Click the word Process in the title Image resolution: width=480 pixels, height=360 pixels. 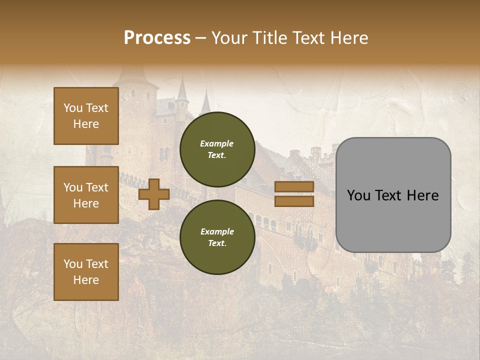(157, 38)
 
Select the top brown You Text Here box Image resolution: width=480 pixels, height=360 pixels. (86, 116)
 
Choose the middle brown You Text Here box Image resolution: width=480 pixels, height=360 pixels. (86, 195)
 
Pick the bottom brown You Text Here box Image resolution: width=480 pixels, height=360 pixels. (86, 272)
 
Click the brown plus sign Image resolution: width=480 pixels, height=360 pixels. (154, 194)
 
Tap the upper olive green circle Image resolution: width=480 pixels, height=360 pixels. (217, 149)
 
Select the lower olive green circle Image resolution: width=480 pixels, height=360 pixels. (217, 237)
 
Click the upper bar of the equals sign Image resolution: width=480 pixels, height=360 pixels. (294, 187)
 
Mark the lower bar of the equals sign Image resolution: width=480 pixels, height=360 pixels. (294, 201)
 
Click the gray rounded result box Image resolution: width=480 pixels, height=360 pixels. (393, 195)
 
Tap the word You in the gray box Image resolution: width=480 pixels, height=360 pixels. (358, 195)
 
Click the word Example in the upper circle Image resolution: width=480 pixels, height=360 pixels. (217, 143)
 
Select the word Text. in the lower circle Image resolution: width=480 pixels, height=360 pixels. (217, 243)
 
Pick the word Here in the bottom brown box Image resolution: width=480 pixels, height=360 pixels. (86, 280)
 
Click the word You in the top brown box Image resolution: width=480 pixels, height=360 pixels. (72, 108)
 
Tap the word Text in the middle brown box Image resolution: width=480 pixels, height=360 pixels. (96, 187)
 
